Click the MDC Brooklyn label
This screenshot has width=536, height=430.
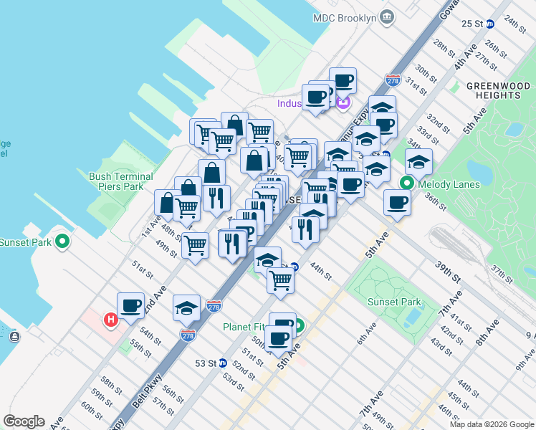coord(345,16)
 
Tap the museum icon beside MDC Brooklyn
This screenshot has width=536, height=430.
coord(387,16)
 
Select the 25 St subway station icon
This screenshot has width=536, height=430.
coord(491,24)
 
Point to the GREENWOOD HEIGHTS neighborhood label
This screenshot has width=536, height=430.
coord(493,90)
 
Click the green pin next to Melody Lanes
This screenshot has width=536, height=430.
coord(407,183)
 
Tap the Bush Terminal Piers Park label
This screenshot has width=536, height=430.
coord(121,181)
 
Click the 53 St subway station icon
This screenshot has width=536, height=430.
coord(223,363)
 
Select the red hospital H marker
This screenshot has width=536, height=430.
coord(111,320)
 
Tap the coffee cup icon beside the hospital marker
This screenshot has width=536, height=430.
coord(130,307)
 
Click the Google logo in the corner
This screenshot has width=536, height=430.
coord(24,421)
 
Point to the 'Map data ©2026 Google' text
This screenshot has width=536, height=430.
coord(492,424)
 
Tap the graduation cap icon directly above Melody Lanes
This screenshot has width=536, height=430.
coord(418,162)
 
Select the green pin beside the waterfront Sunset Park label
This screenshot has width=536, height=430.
coord(62,242)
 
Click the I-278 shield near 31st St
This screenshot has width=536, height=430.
coord(392,80)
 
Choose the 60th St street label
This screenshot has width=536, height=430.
coord(91,410)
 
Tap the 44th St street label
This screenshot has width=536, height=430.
coord(320,271)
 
